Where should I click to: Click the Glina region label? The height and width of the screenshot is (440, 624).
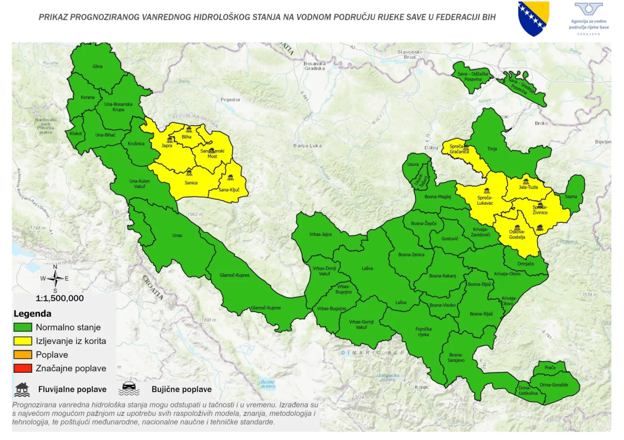[97, 66]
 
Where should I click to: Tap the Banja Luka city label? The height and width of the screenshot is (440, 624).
[307, 145]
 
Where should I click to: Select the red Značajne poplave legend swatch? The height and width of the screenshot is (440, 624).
[23, 368]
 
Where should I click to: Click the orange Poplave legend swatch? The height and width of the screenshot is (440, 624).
[23, 354]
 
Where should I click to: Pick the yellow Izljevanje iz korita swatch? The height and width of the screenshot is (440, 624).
[23, 341]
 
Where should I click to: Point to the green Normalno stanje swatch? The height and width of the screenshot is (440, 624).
[23, 327]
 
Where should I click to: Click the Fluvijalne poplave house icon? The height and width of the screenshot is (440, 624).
[22, 390]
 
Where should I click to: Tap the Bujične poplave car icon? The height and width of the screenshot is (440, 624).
[129, 389]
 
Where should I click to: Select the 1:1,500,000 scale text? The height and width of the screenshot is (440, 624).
[59, 298]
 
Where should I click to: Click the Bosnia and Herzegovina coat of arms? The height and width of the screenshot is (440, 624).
[533, 18]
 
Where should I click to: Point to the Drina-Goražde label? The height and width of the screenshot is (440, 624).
[554, 385]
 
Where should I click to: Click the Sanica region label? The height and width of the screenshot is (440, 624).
[191, 183]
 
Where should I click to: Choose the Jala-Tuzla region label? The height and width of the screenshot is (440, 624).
[528, 187]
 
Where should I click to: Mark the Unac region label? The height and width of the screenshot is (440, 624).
[177, 235]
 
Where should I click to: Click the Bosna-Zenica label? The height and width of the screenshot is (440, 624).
[411, 254]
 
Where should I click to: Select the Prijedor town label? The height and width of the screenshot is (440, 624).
[230, 100]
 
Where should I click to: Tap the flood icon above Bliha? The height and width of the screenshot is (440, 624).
[189, 129]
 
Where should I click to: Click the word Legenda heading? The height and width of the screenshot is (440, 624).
[32, 314]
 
